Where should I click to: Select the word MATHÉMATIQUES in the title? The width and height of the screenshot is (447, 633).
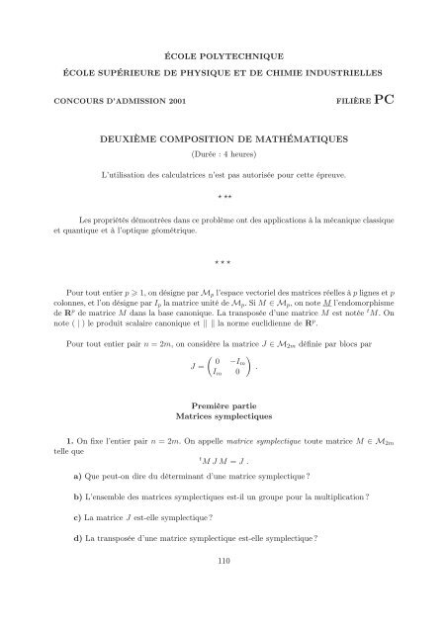[x=305, y=139]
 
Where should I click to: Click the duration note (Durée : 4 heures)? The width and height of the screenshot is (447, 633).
[x=223, y=155]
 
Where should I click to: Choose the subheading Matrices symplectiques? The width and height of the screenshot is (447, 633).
[x=223, y=418]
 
